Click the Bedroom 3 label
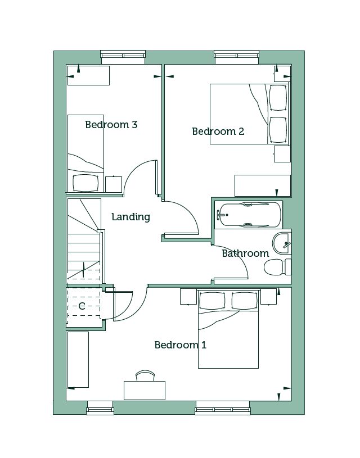111,125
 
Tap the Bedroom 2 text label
218,131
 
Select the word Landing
131,217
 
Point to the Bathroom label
245,253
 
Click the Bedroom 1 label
181,345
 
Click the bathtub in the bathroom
248,215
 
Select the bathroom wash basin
282,243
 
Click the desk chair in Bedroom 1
145,375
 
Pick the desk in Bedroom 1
145,390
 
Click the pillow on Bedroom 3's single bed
85,183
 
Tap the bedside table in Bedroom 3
114,184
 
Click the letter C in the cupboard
82,306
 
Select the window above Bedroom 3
123,57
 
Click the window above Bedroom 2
237,57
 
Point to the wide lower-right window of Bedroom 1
223,408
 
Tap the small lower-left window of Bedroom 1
100,408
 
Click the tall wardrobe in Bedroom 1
78,360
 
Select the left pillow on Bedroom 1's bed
212,300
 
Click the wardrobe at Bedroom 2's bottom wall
263,186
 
